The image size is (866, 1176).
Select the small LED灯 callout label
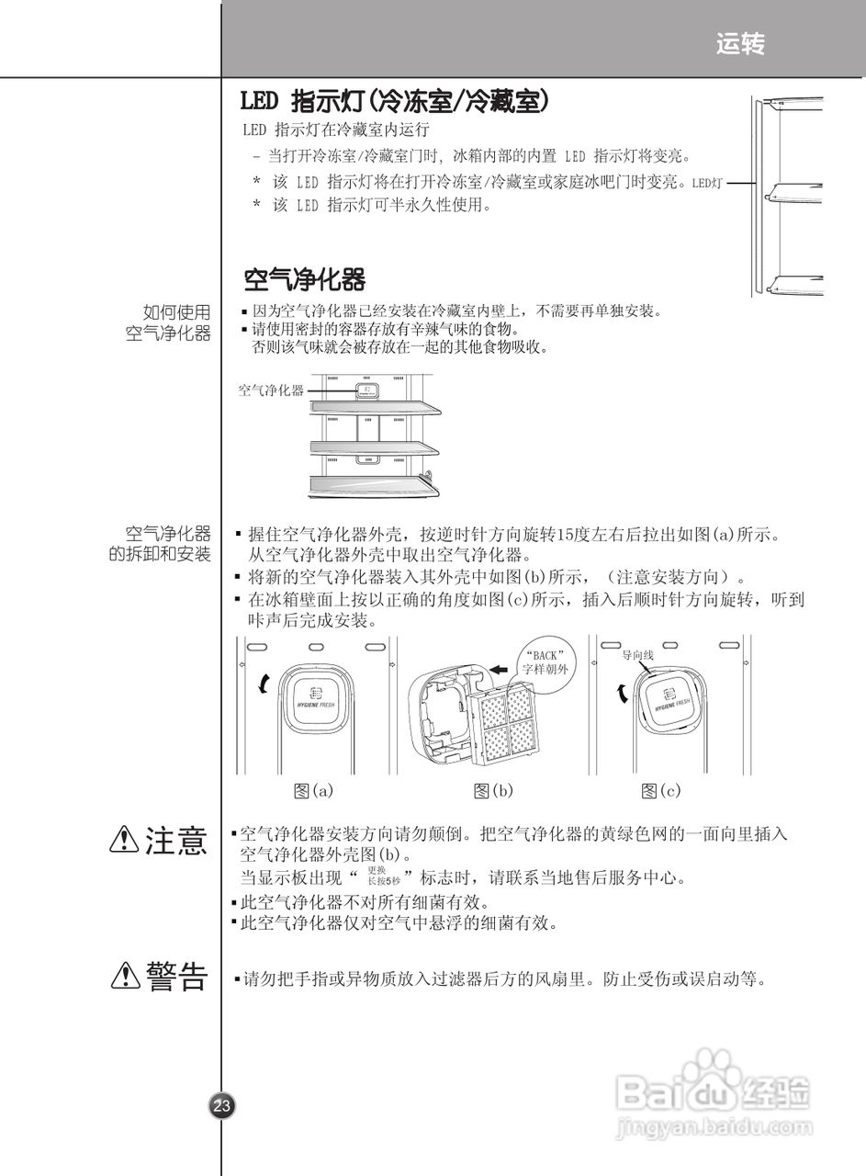707,183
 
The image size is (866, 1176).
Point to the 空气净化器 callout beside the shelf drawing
271,390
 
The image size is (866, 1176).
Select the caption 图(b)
493,790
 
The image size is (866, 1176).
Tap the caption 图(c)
661,790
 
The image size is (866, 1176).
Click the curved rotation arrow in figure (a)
265,684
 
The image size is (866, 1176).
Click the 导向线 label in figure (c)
637,656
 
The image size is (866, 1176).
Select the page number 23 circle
221,1106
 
